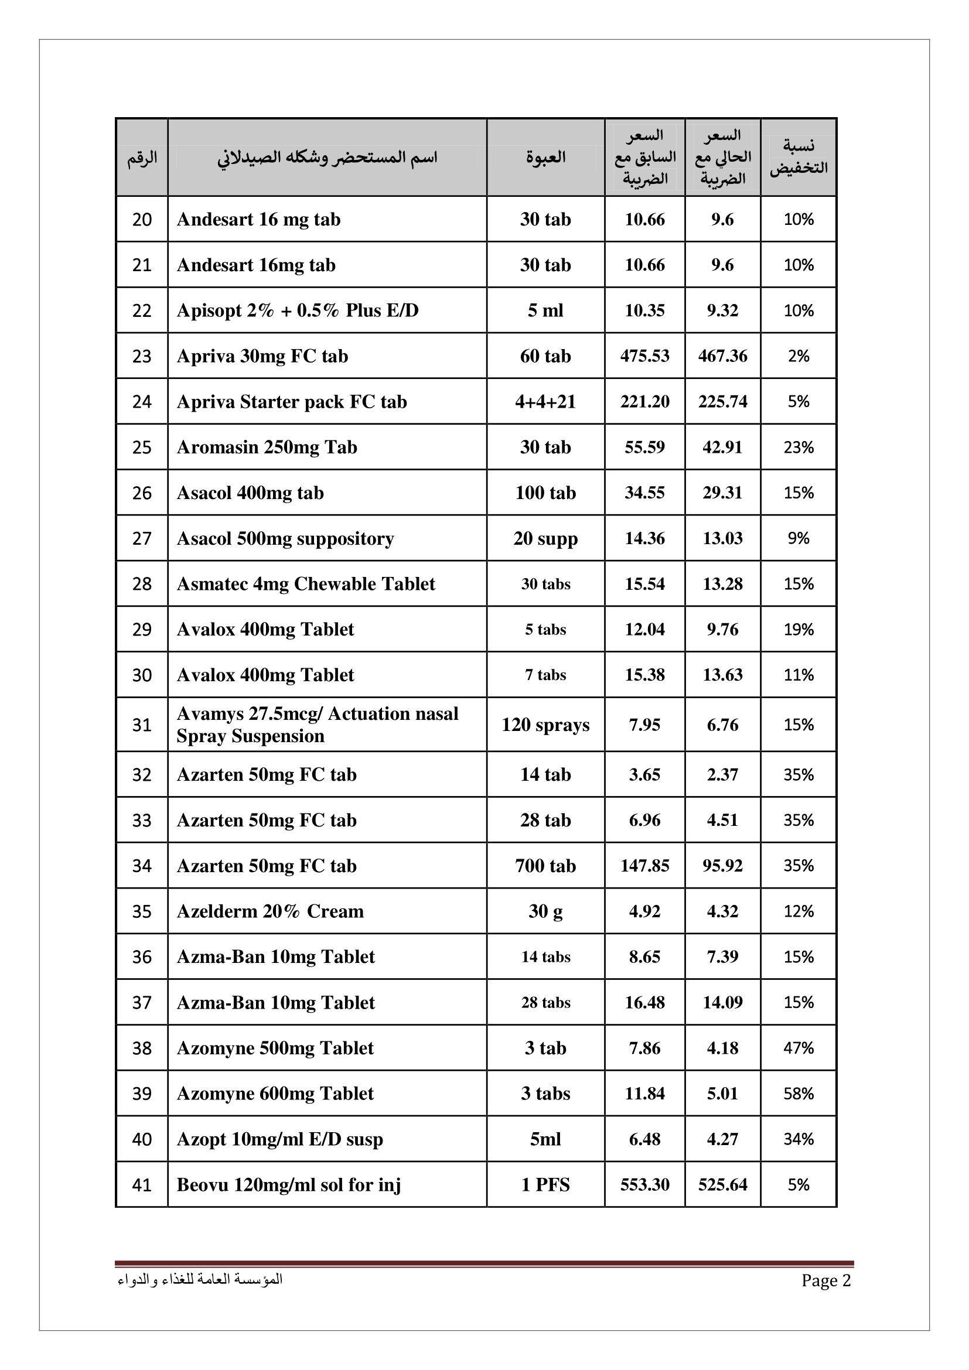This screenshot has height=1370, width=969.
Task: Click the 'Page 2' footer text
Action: coord(826,1280)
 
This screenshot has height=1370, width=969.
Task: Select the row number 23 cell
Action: coord(142,356)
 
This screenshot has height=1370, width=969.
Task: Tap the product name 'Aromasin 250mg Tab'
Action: coord(267,447)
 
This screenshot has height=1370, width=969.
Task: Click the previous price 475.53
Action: coord(644,356)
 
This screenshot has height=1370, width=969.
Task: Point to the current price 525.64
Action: coord(722,1184)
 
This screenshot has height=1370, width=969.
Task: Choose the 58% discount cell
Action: coord(799,1093)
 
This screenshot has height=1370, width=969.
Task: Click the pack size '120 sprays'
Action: coord(545,725)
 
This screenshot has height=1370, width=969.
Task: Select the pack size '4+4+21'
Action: coord(545,402)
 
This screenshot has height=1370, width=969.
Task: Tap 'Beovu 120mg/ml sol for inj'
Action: coord(289,1184)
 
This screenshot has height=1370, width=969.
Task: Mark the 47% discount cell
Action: coord(799,1048)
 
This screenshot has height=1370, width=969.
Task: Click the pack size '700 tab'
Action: coord(545,866)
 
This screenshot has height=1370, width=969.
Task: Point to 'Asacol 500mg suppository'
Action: coord(285,538)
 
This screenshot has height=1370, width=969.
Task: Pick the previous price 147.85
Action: coord(644,866)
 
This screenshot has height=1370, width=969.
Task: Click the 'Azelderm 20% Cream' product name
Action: coord(270,911)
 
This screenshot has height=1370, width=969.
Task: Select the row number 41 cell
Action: coord(142,1184)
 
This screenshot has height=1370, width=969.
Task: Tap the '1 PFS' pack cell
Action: coord(545,1184)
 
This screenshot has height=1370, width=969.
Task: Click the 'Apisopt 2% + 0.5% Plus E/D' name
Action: coord(298,310)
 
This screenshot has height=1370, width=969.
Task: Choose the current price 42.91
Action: coord(722,447)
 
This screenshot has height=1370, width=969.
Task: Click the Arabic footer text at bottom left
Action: coord(200,1279)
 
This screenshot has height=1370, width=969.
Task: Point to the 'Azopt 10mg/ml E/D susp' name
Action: coord(280,1139)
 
